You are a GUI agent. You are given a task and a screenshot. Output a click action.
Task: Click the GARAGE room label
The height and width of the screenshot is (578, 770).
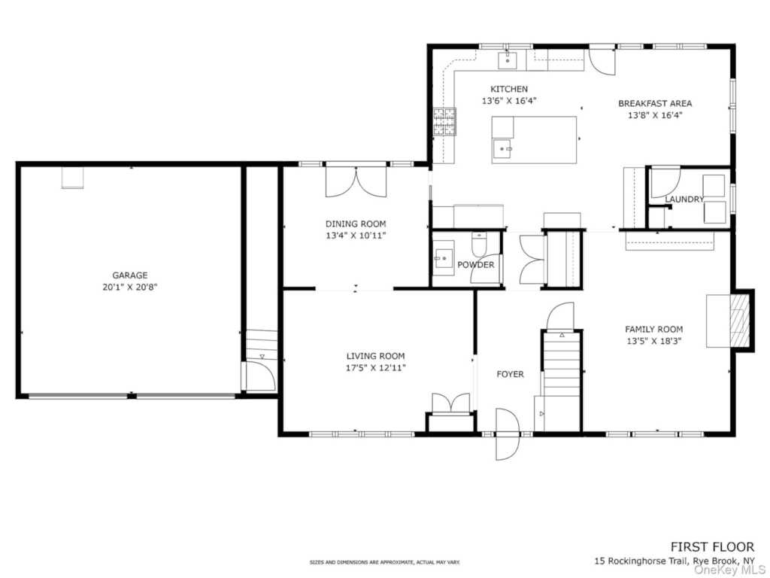(129, 275)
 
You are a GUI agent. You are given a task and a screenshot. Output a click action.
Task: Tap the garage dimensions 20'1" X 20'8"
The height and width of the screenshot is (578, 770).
(129, 287)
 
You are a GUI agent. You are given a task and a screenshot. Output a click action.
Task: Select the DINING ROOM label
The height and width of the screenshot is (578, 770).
(356, 224)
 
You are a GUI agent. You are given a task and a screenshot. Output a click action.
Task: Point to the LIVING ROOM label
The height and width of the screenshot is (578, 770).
(376, 356)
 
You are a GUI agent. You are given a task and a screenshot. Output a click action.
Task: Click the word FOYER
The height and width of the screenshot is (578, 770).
(511, 374)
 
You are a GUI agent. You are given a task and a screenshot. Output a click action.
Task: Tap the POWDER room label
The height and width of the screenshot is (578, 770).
(475, 265)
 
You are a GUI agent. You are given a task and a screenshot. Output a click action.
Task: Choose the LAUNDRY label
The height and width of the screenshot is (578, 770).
(684, 199)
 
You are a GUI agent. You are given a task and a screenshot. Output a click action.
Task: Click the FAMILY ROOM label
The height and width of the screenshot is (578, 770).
(653, 330)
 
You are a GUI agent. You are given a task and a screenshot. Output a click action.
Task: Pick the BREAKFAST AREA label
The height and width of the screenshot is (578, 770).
(655, 103)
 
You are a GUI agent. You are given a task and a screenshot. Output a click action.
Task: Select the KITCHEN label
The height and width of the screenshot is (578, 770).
(509, 89)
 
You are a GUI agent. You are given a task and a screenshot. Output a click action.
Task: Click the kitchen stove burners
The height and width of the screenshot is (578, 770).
(444, 121)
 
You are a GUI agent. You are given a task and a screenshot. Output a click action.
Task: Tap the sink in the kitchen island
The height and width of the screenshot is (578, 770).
(502, 148)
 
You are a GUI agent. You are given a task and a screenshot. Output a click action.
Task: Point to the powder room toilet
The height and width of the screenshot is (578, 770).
(479, 242)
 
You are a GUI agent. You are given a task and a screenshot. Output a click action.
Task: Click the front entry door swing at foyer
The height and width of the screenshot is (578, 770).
(507, 434)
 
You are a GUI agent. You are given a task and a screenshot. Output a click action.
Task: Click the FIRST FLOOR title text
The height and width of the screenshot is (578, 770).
(713, 546)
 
